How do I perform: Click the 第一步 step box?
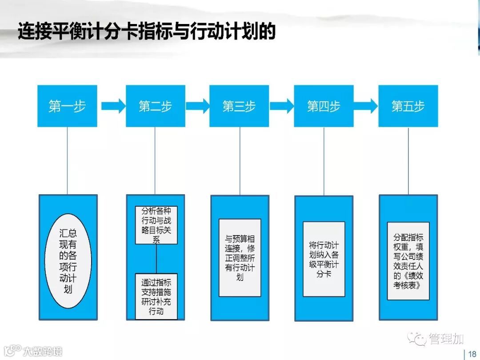coord(67,106)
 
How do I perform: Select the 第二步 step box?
coord(155,106)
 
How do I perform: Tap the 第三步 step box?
coord(239,106)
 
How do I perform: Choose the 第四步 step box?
coord(324,106)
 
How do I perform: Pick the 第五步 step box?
coord(408,106)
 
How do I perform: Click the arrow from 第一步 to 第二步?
coord(113,106)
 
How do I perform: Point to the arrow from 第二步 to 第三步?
coord(197,106)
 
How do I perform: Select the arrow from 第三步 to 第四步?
coord(282,106)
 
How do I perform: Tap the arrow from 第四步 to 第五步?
coord(366,106)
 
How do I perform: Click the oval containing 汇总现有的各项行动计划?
coord(68,260)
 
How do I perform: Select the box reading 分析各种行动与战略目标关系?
coord(156,225)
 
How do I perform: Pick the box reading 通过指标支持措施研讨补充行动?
coord(156,296)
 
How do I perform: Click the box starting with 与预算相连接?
coord(240,258)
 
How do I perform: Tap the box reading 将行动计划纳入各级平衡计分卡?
coord(324,259)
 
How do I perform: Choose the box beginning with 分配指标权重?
coord(408,261)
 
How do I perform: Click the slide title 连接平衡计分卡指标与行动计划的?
coord(147,32)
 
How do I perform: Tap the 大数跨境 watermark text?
coord(43,351)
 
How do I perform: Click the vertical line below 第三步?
coord(240,161)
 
